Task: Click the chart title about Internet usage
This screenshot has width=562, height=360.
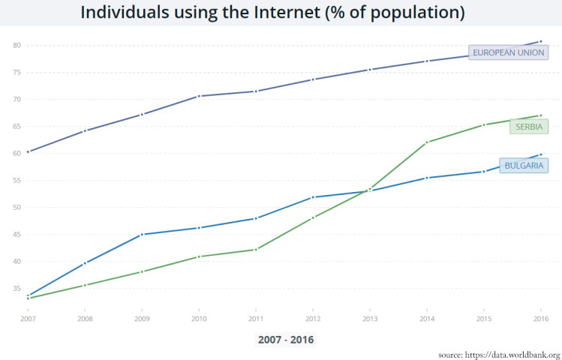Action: click(x=272, y=13)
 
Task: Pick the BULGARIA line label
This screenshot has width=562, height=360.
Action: click(x=524, y=166)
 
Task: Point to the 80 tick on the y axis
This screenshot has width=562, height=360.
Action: click(x=16, y=46)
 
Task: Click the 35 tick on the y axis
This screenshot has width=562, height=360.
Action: click(x=16, y=288)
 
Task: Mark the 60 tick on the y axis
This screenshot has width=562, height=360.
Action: click(x=16, y=154)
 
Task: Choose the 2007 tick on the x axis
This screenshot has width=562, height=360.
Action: click(x=28, y=318)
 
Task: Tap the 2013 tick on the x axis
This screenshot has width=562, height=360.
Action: click(x=369, y=318)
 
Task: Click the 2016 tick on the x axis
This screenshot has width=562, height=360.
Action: click(x=540, y=318)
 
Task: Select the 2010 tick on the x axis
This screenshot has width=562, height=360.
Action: click(x=198, y=318)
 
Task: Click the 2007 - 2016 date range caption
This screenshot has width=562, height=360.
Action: click(x=285, y=340)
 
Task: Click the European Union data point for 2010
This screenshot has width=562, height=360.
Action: click(x=198, y=96)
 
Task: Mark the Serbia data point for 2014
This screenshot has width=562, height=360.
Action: click(x=426, y=142)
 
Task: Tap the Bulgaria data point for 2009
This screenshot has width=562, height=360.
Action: click(x=142, y=235)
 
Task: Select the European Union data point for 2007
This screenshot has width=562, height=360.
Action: click(x=28, y=151)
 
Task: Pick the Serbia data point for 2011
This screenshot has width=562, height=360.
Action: click(x=255, y=250)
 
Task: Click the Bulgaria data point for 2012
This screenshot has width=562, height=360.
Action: click(x=312, y=197)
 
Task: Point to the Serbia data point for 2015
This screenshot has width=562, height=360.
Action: click(x=483, y=124)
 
